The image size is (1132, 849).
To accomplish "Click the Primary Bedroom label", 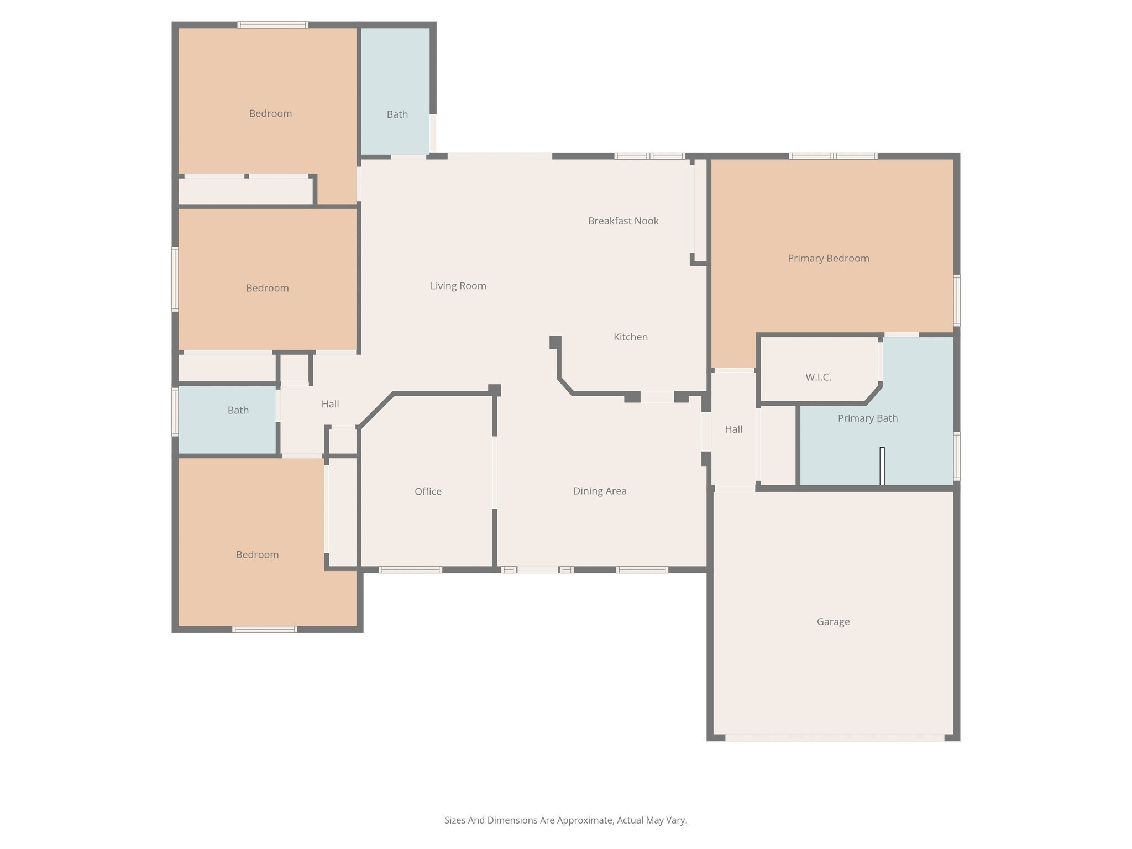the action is tap(828, 258).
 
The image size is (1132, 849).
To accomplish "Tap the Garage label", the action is tap(833, 622).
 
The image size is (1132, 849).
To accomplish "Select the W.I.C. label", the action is tap(818, 377).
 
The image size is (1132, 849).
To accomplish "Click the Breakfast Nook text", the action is tap(623, 221).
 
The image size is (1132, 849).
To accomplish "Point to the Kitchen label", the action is tap(630, 337).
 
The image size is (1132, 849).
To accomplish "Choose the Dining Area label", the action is tap(600, 491).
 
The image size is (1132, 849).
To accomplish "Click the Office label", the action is tap(428, 491).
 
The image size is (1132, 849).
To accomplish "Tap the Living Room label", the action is tap(458, 286).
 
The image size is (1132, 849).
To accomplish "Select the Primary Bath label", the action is tap(867, 418).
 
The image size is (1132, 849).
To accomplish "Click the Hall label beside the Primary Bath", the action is tap(733, 429).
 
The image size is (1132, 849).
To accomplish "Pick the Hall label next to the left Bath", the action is tap(330, 404).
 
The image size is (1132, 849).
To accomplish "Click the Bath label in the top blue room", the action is tap(397, 114).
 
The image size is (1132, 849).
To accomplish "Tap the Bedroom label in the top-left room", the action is tap(270, 113).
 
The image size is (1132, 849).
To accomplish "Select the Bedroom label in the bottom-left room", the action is tap(257, 554).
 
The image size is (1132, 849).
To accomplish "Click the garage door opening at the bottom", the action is tap(835, 737).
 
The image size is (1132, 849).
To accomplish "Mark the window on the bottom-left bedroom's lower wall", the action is tap(265, 629).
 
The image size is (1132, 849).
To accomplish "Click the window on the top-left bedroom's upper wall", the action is tap(273, 24).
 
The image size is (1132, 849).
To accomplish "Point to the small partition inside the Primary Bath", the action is tap(882, 466).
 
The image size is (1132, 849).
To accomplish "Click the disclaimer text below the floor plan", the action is tap(565, 820).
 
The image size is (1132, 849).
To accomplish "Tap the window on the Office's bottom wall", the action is tap(410, 569).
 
